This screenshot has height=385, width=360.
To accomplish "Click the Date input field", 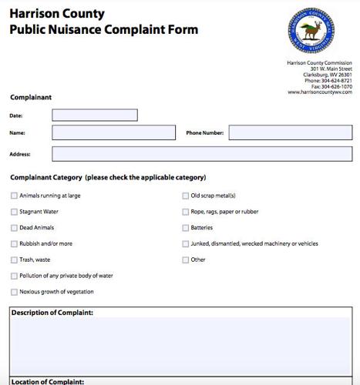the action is [94, 115].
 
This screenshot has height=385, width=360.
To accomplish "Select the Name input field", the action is [113, 132].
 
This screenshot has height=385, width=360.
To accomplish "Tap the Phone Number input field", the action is [284, 132].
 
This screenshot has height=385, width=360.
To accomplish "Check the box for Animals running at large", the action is [14, 196].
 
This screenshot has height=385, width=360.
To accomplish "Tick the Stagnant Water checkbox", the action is [14, 212].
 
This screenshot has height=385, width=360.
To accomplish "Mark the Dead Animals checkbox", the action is [14, 228].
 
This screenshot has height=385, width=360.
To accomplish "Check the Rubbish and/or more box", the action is [14, 244].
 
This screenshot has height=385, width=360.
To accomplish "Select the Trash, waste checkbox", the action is [14, 260].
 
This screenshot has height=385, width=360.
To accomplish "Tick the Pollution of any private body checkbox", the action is [14, 276].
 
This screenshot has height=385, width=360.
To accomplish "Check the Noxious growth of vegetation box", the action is [14, 292].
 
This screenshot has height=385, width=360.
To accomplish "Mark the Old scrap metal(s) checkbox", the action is [185, 196].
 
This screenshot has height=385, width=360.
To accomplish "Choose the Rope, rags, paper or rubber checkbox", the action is [185, 212].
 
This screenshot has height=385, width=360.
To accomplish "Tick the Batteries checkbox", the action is [185, 228].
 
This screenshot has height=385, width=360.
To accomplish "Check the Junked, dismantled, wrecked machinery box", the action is [185, 244].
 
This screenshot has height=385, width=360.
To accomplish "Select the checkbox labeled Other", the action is [185, 260].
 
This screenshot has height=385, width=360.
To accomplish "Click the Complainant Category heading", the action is [107, 177].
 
